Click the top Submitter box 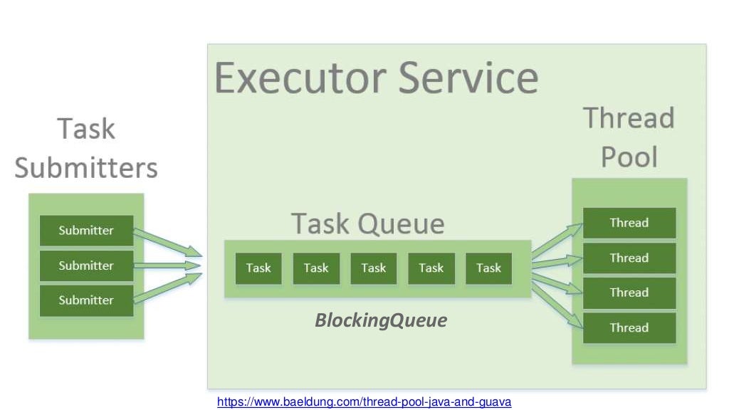click(86, 231)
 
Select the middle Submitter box click(86, 266)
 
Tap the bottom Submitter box click(86, 300)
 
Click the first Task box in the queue click(258, 268)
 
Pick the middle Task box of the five click(374, 268)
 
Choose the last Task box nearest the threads click(488, 268)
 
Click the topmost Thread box click(629, 223)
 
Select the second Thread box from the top click(629, 258)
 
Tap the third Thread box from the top click(629, 293)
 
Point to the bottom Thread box click(629, 327)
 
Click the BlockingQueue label click(381, 321)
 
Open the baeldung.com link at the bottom click(364, 402)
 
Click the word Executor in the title click(299, 78)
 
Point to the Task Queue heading click(367, 224)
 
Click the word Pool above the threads click(629, 157)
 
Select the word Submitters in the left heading click(86, 168)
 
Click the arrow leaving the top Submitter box click(167, 242)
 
